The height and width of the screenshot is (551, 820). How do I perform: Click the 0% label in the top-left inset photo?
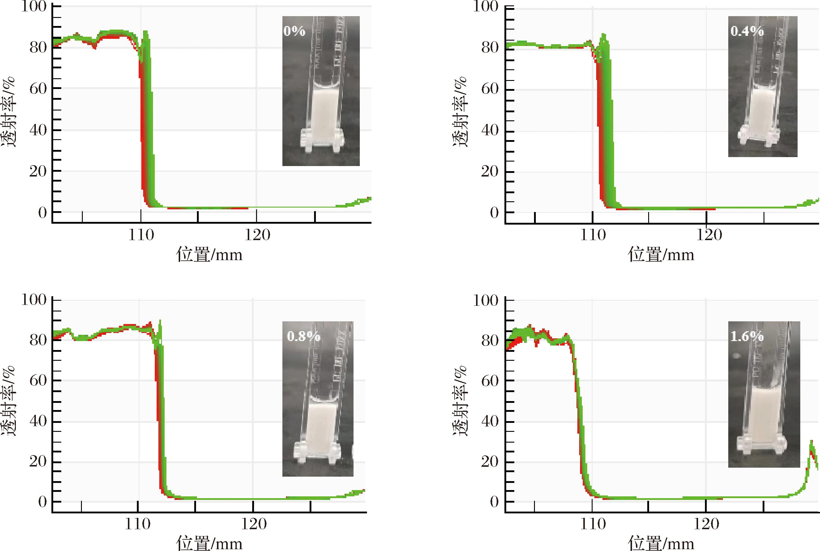tap(294, 31)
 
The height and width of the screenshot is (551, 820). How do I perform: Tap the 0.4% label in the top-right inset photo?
tap(747, 31)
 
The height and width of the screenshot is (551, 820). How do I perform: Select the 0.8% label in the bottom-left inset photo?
tap(303, 336)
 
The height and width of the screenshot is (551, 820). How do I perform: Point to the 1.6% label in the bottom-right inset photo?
tap(747, 336)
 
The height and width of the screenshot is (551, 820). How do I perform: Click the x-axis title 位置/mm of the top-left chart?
tap(209, 254)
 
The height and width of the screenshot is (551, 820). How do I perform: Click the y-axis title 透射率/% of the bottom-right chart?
tap(460, 400)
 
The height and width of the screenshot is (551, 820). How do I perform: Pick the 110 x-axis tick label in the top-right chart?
tap(593, 235)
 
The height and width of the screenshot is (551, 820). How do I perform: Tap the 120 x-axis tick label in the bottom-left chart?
tap(253, 525)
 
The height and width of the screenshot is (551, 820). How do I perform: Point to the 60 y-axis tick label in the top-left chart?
tap(38, 89)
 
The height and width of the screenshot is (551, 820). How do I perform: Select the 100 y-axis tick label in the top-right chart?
tap(485, 6)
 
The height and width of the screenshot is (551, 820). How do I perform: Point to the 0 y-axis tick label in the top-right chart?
tap(494, 213)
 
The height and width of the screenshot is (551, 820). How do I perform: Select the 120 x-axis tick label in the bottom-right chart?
tap(706, 525)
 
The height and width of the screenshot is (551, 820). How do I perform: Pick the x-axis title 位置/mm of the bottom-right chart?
tap(661, 543)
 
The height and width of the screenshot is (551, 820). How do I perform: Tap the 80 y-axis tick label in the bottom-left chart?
tap(38, 340)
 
